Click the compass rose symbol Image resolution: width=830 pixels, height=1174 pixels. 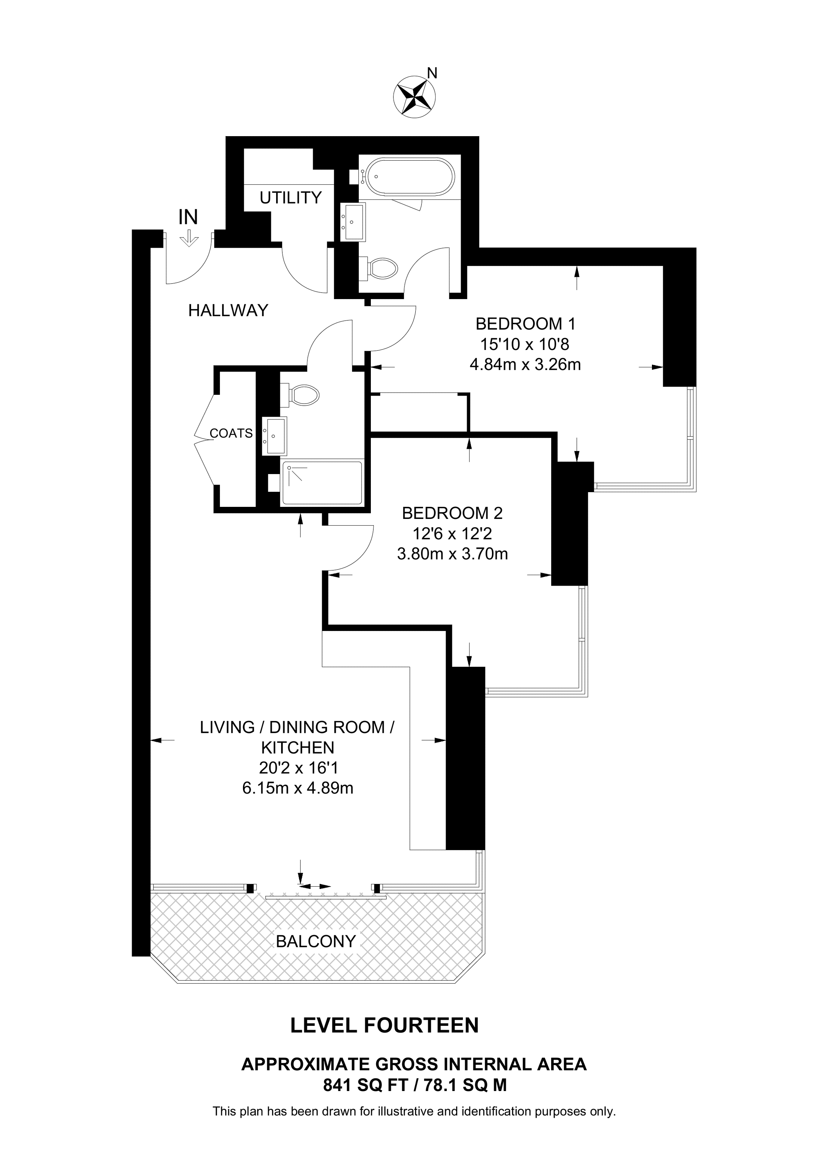(414, 96)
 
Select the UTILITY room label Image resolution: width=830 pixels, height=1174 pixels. (290, 197)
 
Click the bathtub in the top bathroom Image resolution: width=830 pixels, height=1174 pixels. (406, 176)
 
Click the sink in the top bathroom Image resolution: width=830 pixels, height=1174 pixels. (352, 221)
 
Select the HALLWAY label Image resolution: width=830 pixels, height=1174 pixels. (228, 310)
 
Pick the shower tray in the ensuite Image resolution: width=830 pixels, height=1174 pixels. (322, 483)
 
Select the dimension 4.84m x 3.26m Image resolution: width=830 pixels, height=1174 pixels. (525, 365)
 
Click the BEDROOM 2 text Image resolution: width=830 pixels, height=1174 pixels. (452, 513)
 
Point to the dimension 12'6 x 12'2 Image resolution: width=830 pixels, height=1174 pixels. (452, 534)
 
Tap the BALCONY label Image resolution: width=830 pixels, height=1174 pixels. (315, 941)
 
